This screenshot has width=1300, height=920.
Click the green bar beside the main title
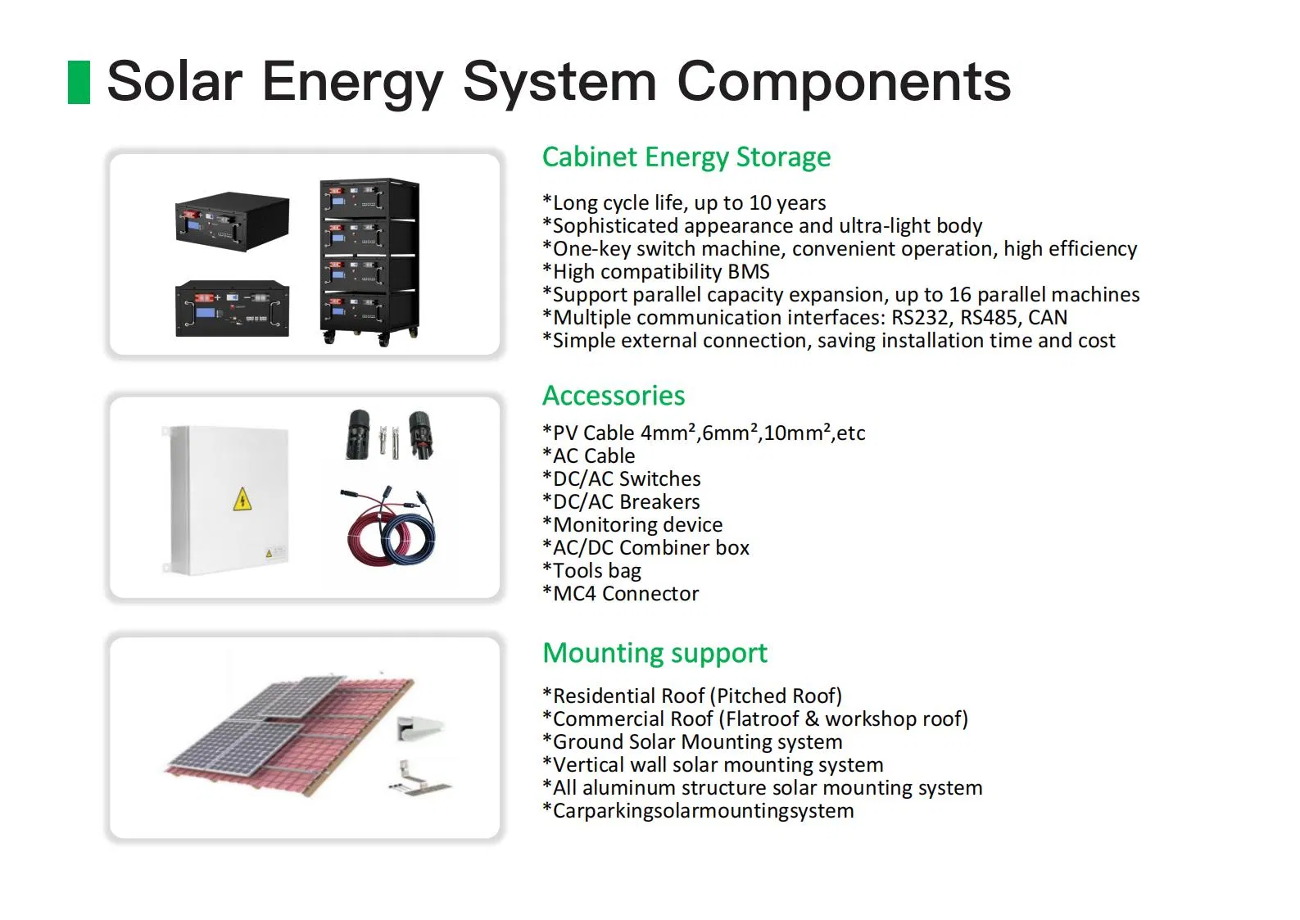[79, 82]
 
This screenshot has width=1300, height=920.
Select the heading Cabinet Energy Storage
[686, 156]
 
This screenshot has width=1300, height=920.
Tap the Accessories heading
[614, 396]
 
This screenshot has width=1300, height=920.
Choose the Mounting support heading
[655, 653]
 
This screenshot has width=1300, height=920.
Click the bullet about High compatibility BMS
[656, 272]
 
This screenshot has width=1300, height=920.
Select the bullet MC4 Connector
[621, 594]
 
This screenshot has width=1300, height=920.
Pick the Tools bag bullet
[592, 571]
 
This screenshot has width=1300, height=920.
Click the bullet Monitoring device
[632, 525]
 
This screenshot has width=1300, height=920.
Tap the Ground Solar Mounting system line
[692, 742]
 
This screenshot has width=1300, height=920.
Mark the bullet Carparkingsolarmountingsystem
[698, 811]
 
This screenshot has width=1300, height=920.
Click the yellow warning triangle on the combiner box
[242, 499]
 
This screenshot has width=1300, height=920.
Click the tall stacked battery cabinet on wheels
[369, 261]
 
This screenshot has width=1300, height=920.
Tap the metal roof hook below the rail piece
[418, 780]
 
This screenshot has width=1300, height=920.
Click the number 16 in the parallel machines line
[959, 295]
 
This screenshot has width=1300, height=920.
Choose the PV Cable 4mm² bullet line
[704, 433]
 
